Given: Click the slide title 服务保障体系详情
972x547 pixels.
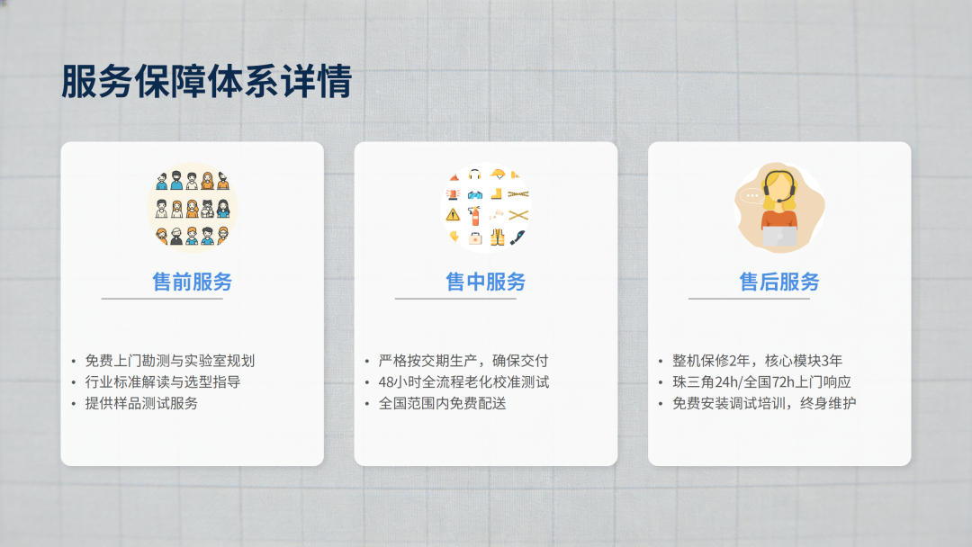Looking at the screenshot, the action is pos(206,81).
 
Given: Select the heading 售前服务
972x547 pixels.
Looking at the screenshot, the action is pos(193,282).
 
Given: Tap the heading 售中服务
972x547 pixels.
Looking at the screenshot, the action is pos(485,282).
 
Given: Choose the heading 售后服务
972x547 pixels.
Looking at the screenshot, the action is pos(779,282).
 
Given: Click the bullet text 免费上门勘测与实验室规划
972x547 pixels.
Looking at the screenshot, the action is pos(170,361).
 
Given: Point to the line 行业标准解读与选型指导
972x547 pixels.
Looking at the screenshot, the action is pos(162,382).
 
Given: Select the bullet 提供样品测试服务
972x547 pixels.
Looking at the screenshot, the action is pos(141,403).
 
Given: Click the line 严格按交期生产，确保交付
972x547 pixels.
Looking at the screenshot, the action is pos(463,361).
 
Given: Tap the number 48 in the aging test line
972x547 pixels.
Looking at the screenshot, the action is pos(386,382).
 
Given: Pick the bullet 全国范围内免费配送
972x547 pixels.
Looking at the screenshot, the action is pos(443,403).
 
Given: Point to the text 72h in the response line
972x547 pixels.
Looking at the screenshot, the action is pos(784,382).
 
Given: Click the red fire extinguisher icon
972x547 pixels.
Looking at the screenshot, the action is pos(475,216).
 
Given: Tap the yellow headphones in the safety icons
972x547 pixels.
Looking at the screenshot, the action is pos(475,175).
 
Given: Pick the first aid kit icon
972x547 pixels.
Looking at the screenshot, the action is pos(475,238).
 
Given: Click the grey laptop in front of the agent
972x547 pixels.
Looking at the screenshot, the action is pos(779,237).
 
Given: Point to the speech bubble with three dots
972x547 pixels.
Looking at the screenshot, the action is pos(752,196).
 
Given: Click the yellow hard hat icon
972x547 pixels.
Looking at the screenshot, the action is pos(497,174).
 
